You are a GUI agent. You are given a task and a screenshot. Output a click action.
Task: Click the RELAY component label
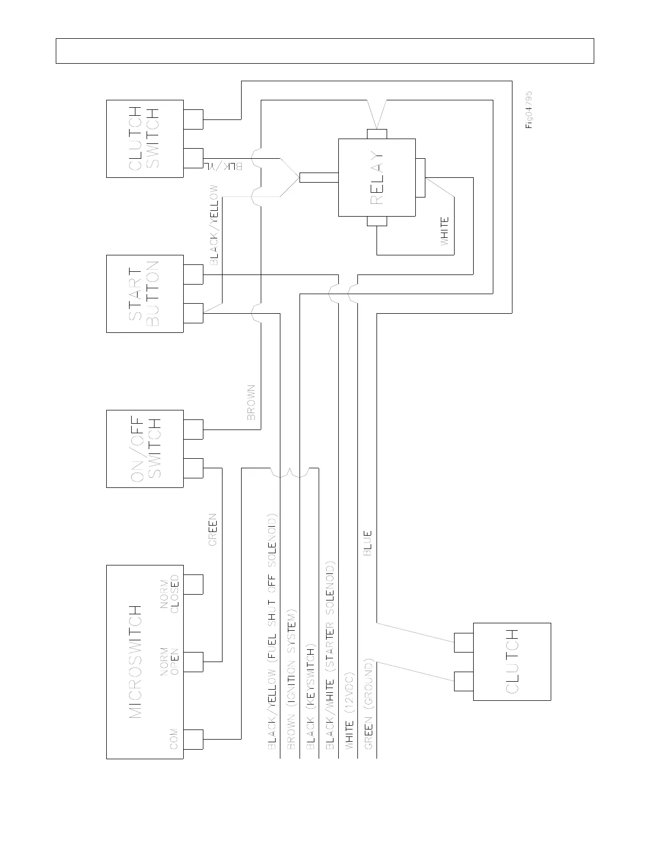(376, 178)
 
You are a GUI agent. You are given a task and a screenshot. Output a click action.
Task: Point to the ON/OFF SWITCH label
(144, 449)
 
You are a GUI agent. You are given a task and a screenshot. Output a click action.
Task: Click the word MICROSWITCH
(136, 661)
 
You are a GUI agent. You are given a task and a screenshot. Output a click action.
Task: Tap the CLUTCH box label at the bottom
(512, 662)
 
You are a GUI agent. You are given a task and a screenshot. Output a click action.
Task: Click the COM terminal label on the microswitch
(174, 740)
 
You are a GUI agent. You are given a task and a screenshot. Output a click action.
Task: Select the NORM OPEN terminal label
(169, 662)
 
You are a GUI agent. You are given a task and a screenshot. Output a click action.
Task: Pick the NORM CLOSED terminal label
(169, 594)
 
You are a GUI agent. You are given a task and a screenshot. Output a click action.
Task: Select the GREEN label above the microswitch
(212, 529)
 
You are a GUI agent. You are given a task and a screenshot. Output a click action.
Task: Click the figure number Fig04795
(529, 110)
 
